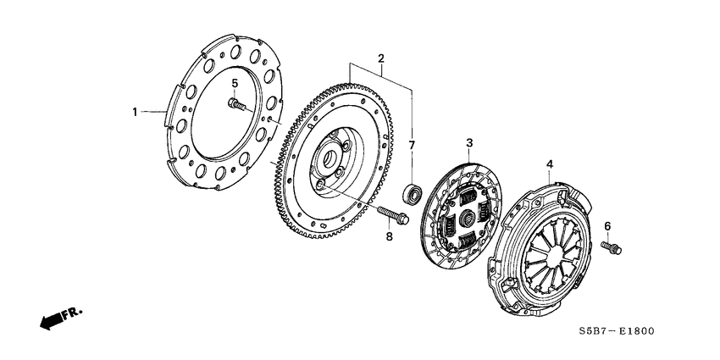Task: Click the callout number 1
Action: pos(134,111)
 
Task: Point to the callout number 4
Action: pos(549,163)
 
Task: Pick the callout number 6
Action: pos(606,225)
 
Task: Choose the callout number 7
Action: pos(413,145)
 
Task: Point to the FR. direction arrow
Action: pos(52,320)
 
